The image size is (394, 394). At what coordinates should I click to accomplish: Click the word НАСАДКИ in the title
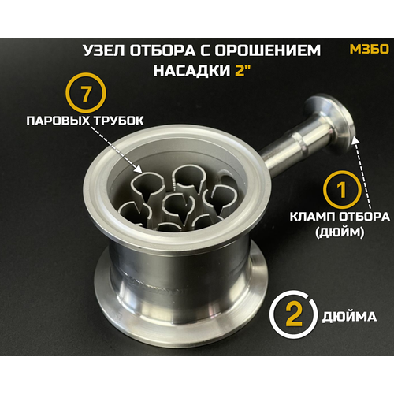pyautogui.click(x=184, y=71)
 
